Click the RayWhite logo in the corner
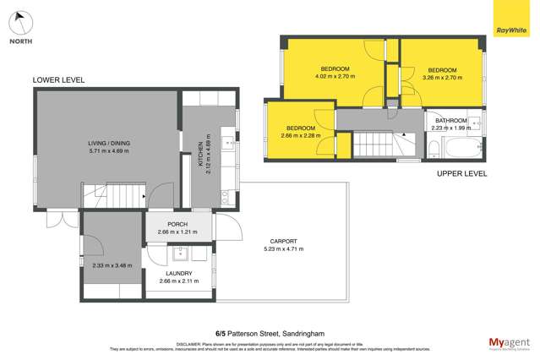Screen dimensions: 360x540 pyautogui.click(x=516, y=18)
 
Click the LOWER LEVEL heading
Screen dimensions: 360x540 pyautogui.click(x=58, y=80)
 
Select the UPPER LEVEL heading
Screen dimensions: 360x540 pyautogui.click(x=461, y=173)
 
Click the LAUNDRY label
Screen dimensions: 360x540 pyautogui.click(x=178, y=274)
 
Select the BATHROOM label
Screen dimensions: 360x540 pyautogui.click(x=450, y=121)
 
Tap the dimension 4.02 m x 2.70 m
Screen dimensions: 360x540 pyautogui.click(x=335, y=76)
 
